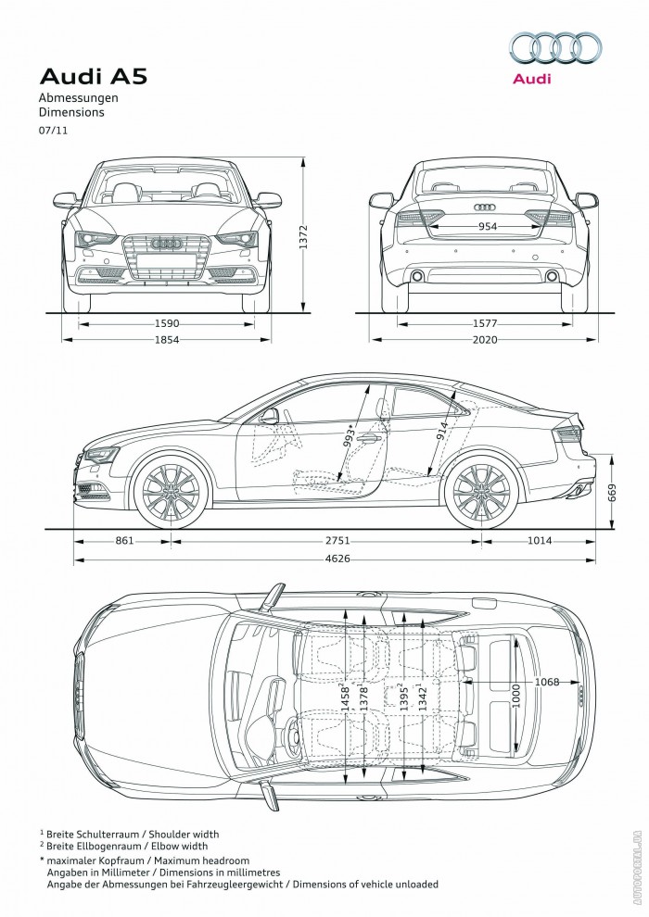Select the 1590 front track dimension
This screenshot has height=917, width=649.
[167, 323]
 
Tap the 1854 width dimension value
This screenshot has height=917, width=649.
[167, 340]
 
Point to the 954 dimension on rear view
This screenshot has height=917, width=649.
[487, 227]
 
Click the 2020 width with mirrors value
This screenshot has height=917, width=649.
[485, 340]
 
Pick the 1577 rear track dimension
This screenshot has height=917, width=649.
[485, 323]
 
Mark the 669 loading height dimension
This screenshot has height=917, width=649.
[612, 493]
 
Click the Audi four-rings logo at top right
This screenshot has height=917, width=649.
[556, 48]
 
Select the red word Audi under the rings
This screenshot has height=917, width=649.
[532, 79]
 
